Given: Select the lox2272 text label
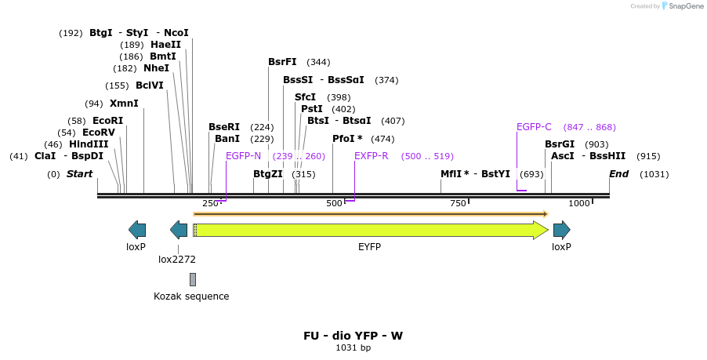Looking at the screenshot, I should pyautogui.click(x=177, y=259).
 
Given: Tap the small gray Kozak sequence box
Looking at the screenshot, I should pyautogui.click(x=193, y=279).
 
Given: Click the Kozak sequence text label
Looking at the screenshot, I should pyautogui.click(x=191, y=296).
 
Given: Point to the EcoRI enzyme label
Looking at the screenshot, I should pyautogui.click(x=107, y=121).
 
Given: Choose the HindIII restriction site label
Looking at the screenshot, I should pyautogui.click(x=89, y=144).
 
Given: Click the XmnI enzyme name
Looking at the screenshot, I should pyautogui.click(x=124, y=104).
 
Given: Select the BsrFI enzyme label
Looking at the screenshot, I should pyautogui.click(x=282, y=62).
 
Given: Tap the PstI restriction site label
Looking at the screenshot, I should pyautogui.click(x=312, y=109).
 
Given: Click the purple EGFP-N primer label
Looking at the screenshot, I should pyautogui.click(x=243, y=156).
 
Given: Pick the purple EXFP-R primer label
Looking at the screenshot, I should pyautogui.click(x=372, y=156).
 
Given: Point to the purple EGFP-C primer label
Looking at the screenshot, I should pyautogui.click(x=534, y=127).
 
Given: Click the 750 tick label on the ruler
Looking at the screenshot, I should pyautogui.click(x=458, y=204).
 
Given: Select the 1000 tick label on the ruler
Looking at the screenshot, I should pyautogui.click(x=579, y=204).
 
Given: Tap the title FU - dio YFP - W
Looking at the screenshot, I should pyautogui.click(x=353, y=336).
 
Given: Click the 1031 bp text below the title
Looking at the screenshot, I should pyautogui.click(x=353, y=347).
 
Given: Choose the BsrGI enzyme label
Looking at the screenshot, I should pyautogui.click(x=560, y=144).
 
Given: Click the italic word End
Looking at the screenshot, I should pyautogui.click(x=618, y=174).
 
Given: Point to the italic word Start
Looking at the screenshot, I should pyautogui.click(x=79, y=174).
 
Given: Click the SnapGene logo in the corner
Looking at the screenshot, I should pyautogui.click(x=681, y=6).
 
